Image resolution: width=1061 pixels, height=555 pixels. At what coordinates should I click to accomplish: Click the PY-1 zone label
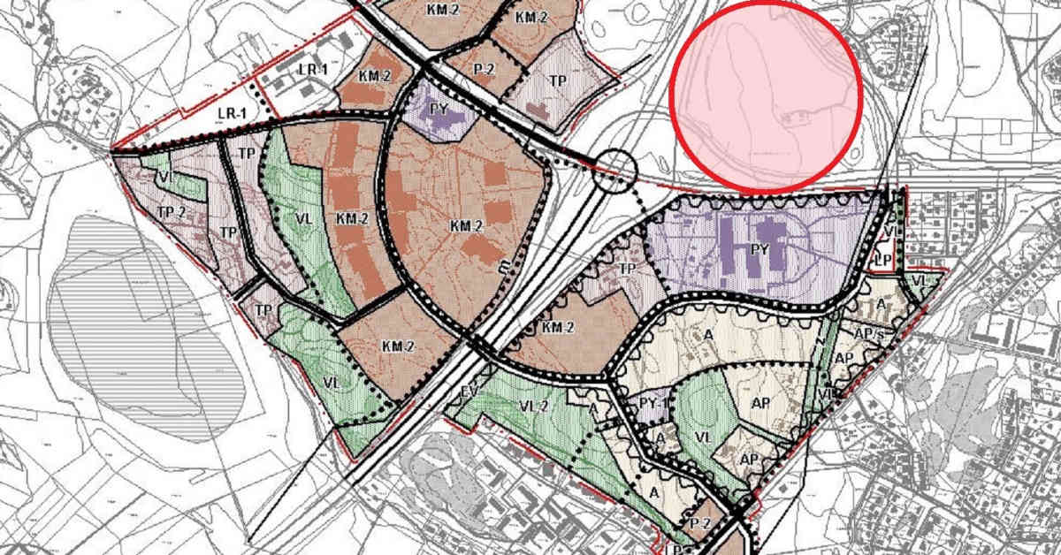651,403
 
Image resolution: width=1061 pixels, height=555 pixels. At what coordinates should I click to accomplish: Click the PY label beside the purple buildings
758,249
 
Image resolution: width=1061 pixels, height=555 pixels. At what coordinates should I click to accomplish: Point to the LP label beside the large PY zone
881,261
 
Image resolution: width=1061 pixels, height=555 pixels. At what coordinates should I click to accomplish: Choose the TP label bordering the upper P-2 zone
558,80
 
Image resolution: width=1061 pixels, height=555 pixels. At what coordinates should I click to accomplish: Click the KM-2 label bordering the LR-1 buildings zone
376,76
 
